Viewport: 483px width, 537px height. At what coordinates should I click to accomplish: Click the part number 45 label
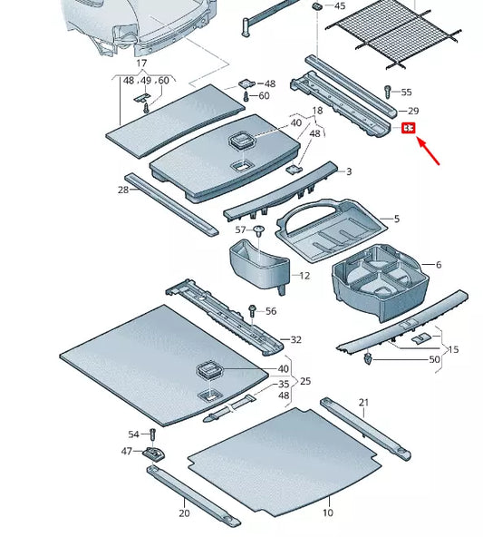(x=340, y=6)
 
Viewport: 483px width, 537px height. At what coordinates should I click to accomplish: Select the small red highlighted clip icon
(x=409, y=129)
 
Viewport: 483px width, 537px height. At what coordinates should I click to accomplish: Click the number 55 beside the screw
(x=406, y=93)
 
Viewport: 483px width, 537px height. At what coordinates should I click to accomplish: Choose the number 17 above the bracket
(x=141, y=63)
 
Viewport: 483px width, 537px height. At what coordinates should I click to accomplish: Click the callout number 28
(x=123, y=190)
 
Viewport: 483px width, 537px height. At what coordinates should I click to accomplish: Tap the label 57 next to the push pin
(x=240, y=230)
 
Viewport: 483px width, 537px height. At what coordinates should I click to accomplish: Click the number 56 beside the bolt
(x=271, y=311)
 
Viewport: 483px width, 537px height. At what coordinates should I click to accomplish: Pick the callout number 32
(x=295, y=340)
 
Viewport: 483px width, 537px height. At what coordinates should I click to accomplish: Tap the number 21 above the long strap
(x=363, y=402)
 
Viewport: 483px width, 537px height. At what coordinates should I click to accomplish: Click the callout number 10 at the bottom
(x=327, y=513)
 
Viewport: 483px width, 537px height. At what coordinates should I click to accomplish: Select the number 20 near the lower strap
(x=184, y=513)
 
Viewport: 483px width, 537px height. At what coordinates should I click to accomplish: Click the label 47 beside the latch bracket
(x=127, y=451)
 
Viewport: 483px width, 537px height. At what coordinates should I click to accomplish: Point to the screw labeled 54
(x=152, y=436)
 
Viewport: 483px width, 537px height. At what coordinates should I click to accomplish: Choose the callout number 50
(x=435, y=360)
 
